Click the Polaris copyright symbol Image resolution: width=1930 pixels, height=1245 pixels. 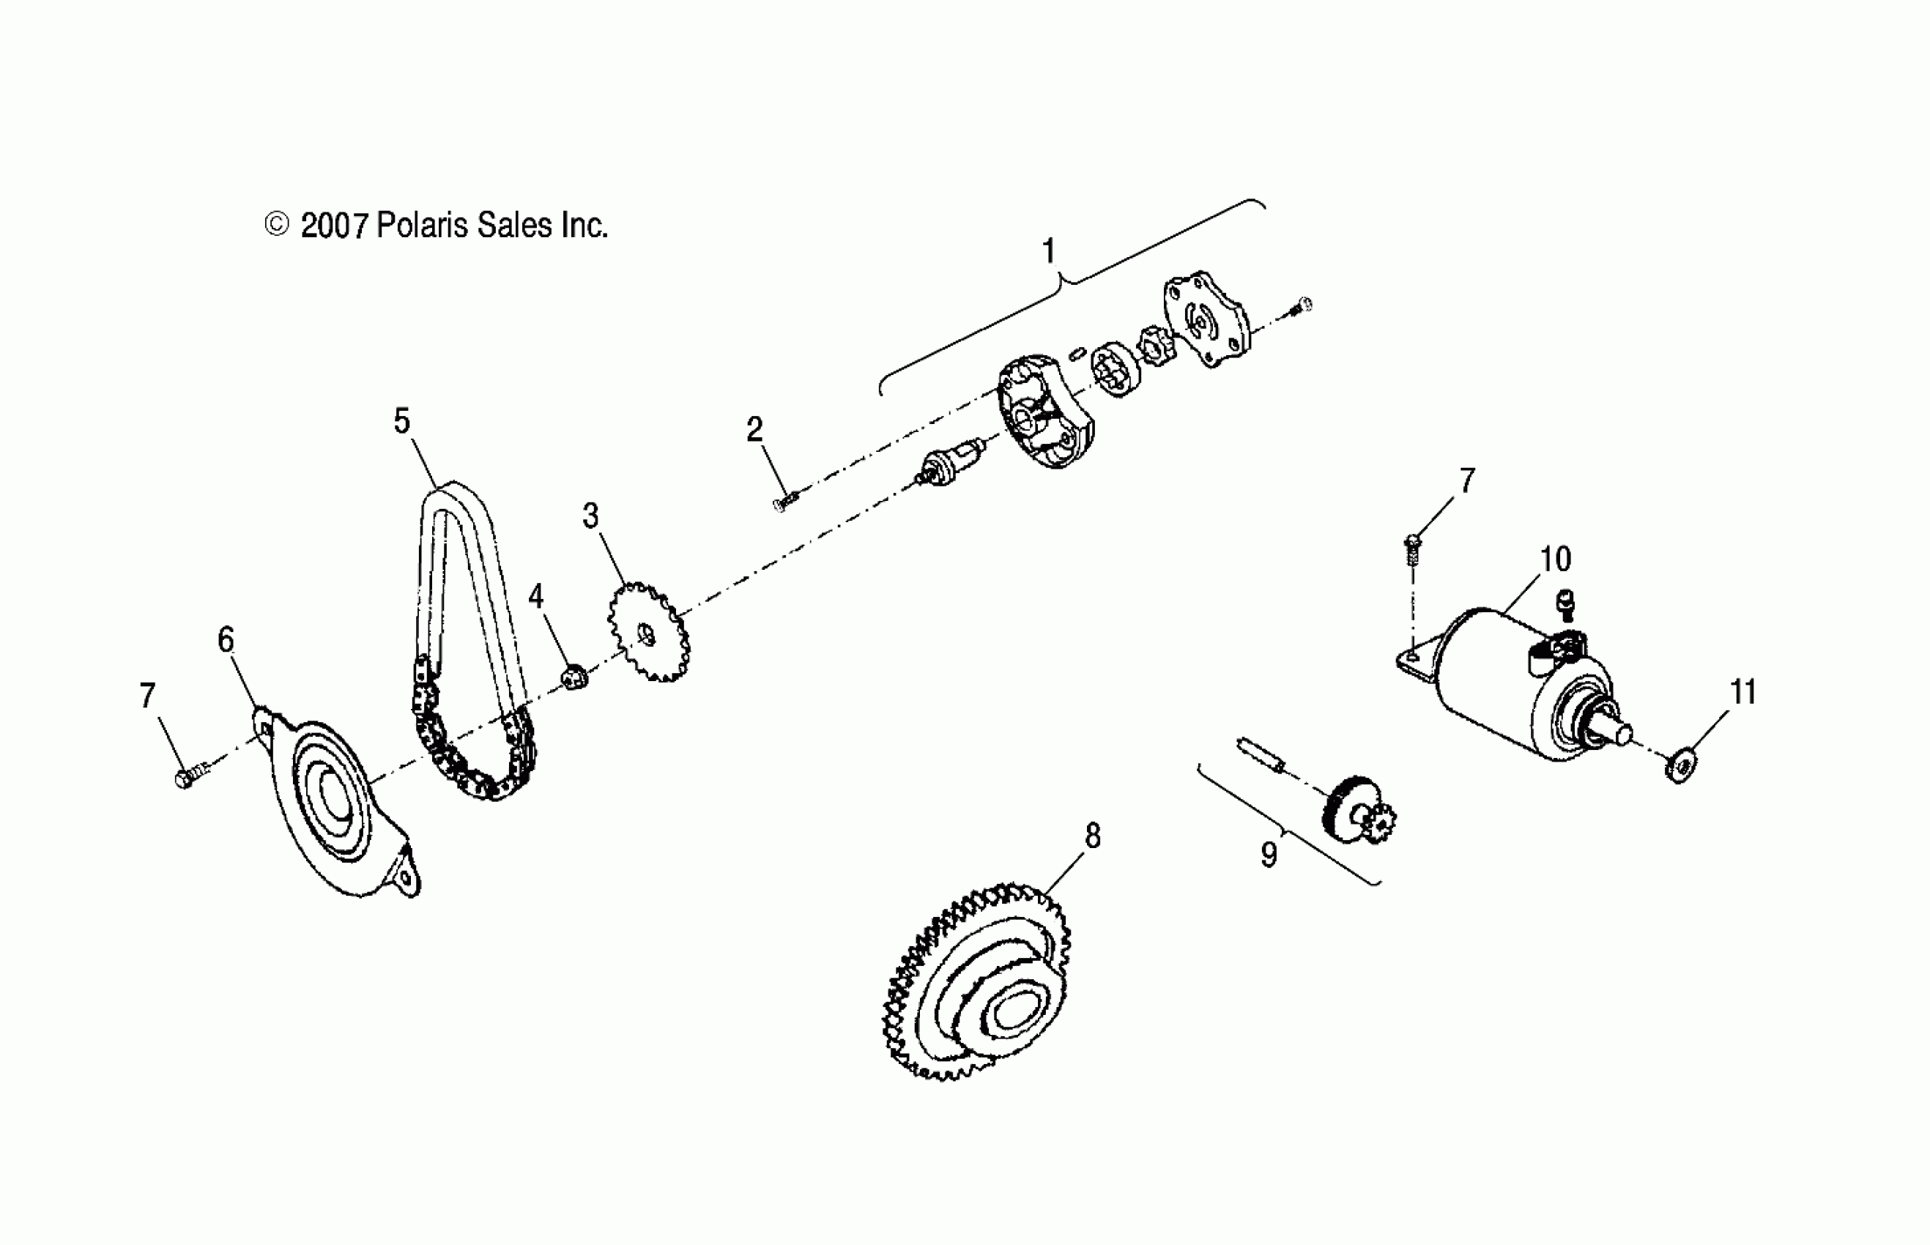277,225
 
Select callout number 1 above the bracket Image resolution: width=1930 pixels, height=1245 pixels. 1049,251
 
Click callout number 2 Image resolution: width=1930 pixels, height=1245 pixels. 754,430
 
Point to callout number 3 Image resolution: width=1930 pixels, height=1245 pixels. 591,516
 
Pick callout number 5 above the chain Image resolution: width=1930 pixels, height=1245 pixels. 402,421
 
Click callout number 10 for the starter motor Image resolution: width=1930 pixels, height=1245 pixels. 1555,559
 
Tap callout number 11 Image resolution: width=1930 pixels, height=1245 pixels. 1743,692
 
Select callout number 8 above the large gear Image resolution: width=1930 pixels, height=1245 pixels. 1092,836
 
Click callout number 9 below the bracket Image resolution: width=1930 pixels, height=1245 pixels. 1269,855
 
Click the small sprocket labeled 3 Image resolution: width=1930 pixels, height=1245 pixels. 648,633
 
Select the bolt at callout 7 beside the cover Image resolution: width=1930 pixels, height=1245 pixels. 188,778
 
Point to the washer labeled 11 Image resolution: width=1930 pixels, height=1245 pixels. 1681,765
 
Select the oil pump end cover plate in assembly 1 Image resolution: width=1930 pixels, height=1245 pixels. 1204,319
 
